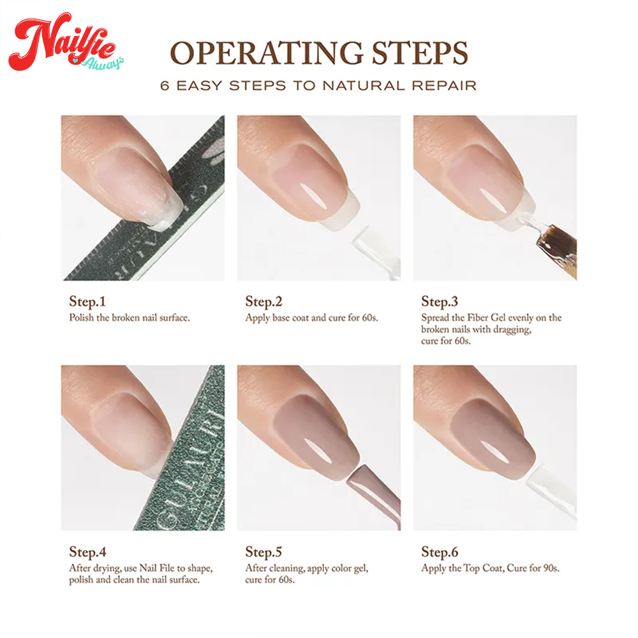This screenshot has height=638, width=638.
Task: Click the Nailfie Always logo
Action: pyautogui.click(x=65, y=43)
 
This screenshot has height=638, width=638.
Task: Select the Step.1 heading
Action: pyautogui.click(x=87, y=302)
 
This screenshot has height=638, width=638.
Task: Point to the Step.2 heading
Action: pyautogui.click(x=263, y=302)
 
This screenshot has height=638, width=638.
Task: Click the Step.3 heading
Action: pyautogui.click(x=440, y=302)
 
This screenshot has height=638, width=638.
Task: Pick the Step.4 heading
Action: pyautogui.click(x=87, y=552)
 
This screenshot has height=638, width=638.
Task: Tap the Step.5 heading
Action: pyautogui.click(x=263, y=552)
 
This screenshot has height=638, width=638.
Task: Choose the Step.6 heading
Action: pyautogui.click(x=440, y=552)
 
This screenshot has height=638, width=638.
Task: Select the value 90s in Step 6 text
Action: pyautogui.click(x=552, y=568)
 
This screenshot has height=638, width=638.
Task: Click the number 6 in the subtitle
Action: pyautogui.click(x=165, y=86)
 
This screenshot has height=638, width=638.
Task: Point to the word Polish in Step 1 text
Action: pyautogui.click(x=82, y=317)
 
